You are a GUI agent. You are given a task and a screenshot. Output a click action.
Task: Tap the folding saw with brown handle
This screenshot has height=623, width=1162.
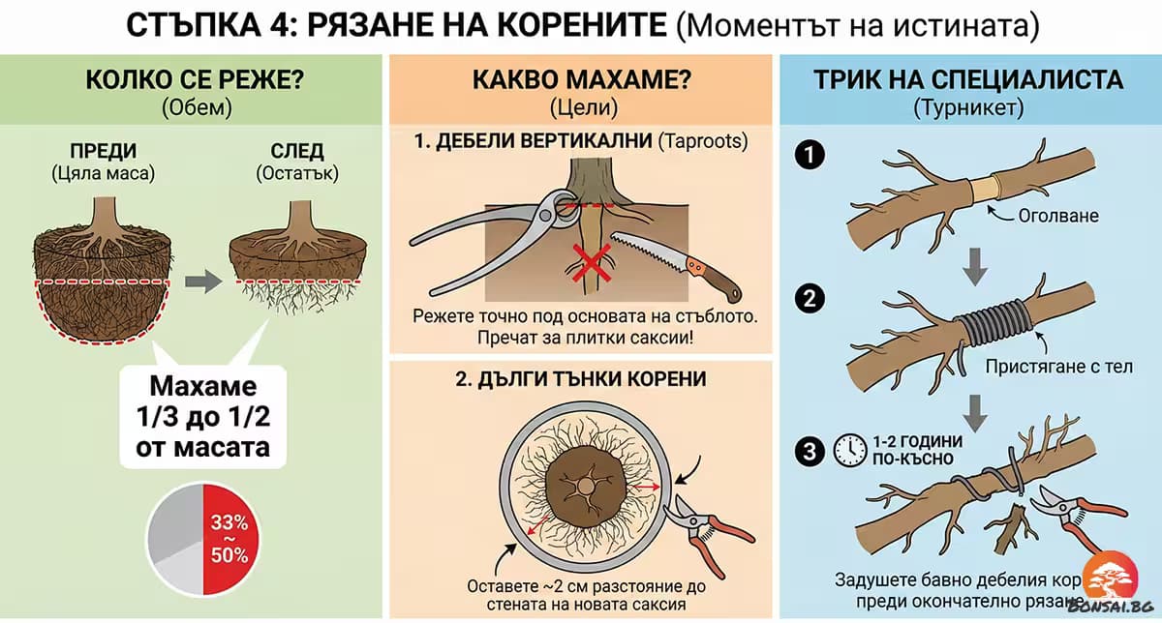pos(678,261)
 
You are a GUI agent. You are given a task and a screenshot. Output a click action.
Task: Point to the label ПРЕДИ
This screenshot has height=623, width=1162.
pos(103,152)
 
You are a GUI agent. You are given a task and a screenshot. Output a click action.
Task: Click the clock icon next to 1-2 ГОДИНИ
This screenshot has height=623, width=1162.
pos(849,449)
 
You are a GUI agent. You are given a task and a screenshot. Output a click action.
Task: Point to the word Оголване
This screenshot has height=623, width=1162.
pos(1058,216)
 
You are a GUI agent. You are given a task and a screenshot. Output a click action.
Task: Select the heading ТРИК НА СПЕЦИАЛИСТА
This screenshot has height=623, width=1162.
pos(968,80)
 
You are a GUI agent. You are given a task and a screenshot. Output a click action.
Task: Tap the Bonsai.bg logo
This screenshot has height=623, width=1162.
pos(1121,584)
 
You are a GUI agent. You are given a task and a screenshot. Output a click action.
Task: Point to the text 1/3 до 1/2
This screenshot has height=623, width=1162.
pos(203,418)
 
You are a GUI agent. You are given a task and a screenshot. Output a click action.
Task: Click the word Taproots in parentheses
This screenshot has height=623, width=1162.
pos(703,141)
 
